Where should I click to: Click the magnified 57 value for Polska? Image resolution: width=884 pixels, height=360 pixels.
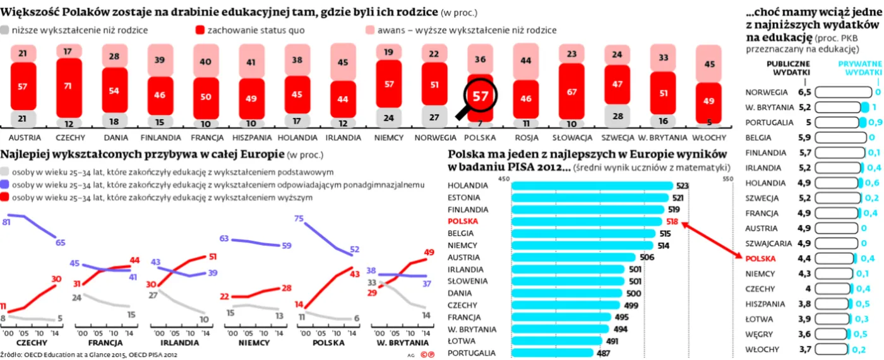click(x=481, y=96)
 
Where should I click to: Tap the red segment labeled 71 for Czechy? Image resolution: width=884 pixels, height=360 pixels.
click(x=69, y=86)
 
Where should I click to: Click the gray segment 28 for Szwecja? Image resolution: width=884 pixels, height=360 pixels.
click(x=617, y=116)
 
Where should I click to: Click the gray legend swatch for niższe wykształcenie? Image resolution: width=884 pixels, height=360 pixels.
click(x=5, y=30)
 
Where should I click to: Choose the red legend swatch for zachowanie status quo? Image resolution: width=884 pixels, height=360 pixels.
click(x=200, y=30)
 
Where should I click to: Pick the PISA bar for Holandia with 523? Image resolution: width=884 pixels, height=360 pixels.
click(x=592, y=186)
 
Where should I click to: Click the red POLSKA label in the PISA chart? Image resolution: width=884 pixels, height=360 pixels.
click(x=463, y=222)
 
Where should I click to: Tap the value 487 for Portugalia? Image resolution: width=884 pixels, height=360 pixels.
click(x=602, y=354)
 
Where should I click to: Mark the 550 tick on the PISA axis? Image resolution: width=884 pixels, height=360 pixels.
click(x=728, y=179)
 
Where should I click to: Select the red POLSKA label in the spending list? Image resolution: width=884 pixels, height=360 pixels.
click(x=762, y=258)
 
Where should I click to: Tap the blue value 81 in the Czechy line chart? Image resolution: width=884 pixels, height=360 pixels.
click(x=6, y=222)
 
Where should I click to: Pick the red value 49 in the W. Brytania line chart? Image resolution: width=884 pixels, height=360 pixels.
click(x=429, y=253)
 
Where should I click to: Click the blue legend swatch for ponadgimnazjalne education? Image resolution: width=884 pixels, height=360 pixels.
click(x=5, y=184)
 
